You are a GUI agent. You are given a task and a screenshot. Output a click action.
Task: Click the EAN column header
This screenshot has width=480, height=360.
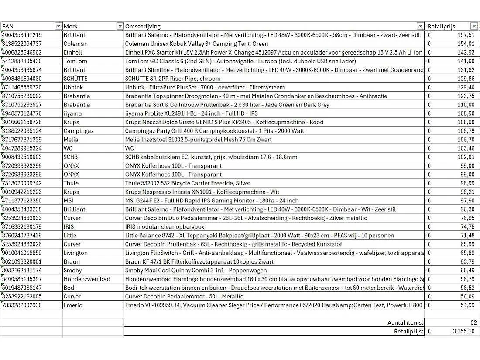coord(8,26)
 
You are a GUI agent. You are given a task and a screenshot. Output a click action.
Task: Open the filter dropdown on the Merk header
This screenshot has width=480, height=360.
coord(120,26)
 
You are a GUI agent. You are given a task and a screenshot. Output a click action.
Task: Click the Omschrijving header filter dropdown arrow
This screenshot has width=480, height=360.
coord(420,26)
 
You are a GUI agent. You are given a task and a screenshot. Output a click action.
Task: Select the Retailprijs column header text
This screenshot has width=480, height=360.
coord(441,26)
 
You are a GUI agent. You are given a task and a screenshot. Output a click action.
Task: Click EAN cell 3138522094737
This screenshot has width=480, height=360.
coord(22,44)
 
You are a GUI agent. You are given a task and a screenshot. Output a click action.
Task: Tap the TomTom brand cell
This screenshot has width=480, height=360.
coord(75,61)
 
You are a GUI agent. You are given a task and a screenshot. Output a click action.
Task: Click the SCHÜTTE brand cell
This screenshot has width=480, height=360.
coord(75,79)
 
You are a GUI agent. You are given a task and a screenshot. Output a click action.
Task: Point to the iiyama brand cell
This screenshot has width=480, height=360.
coord(72,113)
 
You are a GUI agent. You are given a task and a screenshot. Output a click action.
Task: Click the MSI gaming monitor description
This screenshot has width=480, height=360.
coord(212,201)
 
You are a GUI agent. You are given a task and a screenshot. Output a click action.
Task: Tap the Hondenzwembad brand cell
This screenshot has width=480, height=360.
coord(87,279)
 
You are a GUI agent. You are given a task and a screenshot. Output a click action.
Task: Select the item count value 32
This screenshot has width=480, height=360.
coord(473,323)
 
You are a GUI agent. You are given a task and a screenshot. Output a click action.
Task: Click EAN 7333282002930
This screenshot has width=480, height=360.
coord(22,305)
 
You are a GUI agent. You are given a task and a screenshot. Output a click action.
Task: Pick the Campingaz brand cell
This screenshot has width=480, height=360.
coord(79,131)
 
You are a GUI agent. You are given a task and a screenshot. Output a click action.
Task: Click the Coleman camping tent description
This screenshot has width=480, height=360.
coord(196,44)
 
